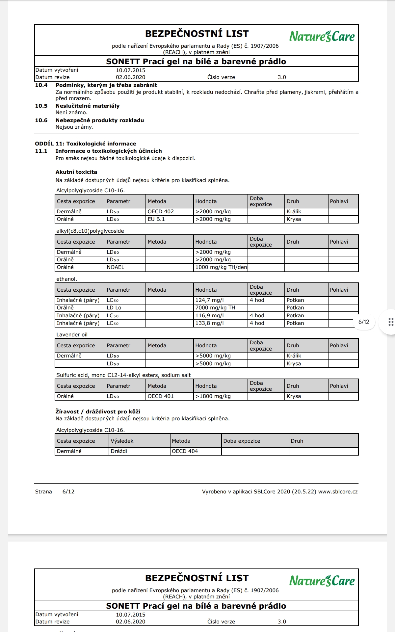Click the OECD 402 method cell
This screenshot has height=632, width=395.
161,212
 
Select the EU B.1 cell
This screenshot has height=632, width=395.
156,219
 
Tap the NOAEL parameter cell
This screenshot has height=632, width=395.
116,267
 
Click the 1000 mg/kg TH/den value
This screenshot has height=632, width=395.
221,267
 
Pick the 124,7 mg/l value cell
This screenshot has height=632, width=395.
210,300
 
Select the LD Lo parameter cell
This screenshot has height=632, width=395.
114,308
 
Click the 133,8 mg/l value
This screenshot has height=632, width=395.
210,323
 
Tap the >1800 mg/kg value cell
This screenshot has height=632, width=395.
213,396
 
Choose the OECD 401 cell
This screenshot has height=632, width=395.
161,396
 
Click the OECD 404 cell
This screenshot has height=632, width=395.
185,451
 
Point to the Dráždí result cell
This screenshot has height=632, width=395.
119,451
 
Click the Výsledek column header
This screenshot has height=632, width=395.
122,441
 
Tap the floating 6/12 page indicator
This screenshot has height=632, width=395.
364,322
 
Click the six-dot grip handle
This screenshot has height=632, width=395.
391,322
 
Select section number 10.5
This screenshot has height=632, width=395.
41,106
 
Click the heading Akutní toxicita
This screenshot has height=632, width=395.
76,172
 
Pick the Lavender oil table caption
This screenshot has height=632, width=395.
72,335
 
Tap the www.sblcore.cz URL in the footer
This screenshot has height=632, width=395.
338,492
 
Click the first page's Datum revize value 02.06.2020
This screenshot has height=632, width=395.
130,77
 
